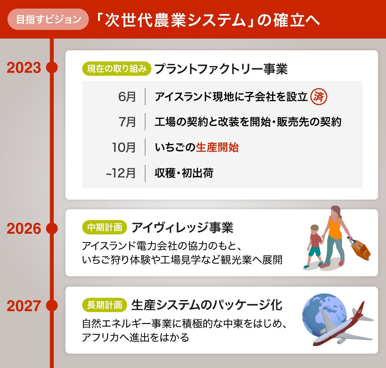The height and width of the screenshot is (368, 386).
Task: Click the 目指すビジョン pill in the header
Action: click(x=48, y=19)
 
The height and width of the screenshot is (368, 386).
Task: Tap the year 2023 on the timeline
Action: click(x=24, y=68)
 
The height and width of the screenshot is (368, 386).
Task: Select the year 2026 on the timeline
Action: click(x=24, y=229)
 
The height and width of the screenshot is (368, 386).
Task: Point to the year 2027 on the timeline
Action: click(x=24, y=306)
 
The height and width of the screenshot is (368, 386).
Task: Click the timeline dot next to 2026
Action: click(x=51, y=229)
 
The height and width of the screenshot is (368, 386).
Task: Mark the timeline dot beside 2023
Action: click(x=51, y=68)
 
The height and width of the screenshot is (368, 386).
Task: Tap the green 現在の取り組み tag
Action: click(x=116, y=69)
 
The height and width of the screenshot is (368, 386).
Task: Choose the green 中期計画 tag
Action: click(x=104, y=227)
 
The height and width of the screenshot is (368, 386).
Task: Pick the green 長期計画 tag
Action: click(x=104, y=305)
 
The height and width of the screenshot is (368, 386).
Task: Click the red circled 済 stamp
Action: click(x=319, y=97)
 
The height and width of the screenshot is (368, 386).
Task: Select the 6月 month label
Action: click(x=127, y=97)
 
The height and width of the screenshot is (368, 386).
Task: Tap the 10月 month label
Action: click(x=124, y=148)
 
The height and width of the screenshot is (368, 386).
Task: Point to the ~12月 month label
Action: click(x=121, y=173)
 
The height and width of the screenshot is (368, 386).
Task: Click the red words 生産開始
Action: click(x=217, y=148)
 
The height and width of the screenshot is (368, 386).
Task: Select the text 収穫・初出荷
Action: click(x=184, y=173)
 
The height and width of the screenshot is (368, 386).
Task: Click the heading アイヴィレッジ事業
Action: click(x=182, y=227)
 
